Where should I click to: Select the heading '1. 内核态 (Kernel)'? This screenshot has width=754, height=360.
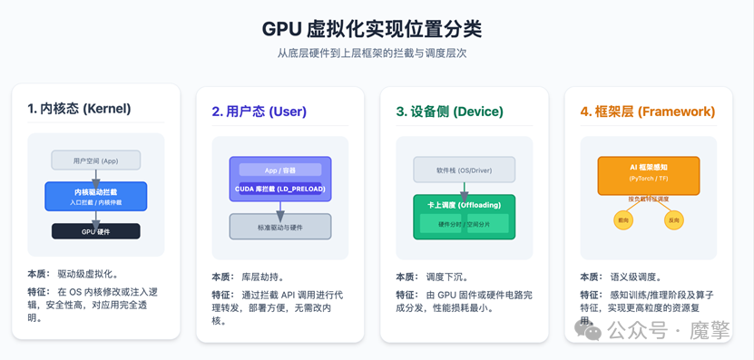[x=79, y=109]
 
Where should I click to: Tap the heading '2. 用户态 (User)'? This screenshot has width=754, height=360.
[x=259, y=112]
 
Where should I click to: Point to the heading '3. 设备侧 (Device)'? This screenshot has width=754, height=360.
[x=450, y=112]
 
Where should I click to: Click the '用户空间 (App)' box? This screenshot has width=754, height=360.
[x=96, y=161]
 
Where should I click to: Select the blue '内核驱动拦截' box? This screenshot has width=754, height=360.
[x=96, y=195]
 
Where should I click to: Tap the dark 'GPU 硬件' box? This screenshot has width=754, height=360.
[x=96, y=231]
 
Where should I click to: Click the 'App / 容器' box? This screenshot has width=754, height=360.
[x=279, y=170]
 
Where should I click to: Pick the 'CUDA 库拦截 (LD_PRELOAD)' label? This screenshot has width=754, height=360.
[x=279, y=188]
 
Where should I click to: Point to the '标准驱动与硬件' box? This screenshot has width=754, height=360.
[x=279, y=226]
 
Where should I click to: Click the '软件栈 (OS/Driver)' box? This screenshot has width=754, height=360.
[x=464, y=169]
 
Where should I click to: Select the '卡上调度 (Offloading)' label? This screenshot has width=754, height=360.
[x=464, y=205]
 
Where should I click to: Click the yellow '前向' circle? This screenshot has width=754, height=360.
[x=622, y=220]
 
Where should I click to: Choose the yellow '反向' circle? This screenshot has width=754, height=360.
[x=673, y=220]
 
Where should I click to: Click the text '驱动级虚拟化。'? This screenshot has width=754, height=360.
[x=88, y=273]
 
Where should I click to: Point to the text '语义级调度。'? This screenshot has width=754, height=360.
[x=640, y=277]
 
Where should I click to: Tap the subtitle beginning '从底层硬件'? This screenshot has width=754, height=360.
[x=377, y=54]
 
